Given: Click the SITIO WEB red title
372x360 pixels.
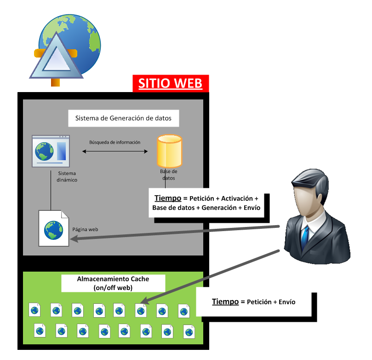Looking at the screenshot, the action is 170,83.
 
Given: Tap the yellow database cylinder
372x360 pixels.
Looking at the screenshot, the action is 169,151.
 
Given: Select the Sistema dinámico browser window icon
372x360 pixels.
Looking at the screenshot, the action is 51,151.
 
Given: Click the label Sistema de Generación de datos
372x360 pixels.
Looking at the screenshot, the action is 123,118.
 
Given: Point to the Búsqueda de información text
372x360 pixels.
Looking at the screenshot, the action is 114,142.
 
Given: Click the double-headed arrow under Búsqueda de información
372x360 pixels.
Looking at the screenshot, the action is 115,151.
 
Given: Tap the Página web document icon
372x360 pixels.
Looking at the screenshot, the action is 54,228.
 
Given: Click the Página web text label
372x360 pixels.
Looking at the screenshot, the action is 85,229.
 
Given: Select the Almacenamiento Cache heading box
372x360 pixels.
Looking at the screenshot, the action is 113,283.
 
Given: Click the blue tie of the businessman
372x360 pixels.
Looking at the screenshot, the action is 305,237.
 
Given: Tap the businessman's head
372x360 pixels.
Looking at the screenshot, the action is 310,192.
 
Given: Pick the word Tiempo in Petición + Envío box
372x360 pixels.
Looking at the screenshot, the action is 225,302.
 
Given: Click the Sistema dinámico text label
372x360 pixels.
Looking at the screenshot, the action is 67,176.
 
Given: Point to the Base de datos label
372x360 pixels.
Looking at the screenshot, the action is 169,174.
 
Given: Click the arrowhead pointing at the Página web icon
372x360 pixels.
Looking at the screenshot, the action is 74,238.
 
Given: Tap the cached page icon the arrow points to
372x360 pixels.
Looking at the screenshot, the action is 141,310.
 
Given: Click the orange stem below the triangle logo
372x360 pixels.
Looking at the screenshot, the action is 55,82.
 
